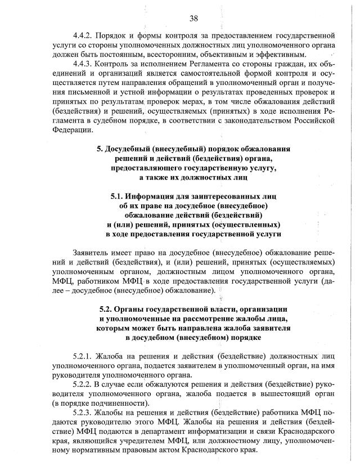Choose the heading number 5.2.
click(x=107, y=310)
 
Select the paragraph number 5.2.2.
click(x=85, y=384)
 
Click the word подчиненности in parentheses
click(x=121, y=404)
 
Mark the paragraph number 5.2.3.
click(x=85, y=413)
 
